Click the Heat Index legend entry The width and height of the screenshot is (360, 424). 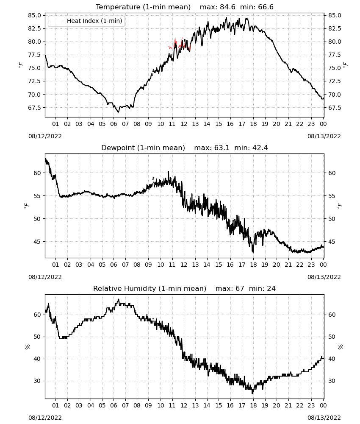(86, 21)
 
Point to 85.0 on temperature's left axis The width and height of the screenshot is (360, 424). (35, 15)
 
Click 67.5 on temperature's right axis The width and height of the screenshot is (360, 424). (335, 108)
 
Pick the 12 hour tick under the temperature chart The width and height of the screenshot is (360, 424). (184, 124)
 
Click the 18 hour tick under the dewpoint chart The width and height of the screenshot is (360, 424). (253, 265)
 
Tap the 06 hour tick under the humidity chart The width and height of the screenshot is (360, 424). (114, 405)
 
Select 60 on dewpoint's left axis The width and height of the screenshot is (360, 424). (38, 173)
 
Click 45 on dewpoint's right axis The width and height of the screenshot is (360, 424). (332, 242)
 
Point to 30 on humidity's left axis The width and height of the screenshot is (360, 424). (38, 381)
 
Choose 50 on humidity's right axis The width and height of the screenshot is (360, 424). (332, 337)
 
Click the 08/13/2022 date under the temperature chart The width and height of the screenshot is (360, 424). (324, 136)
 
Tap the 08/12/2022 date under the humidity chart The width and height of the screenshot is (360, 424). (45, 418)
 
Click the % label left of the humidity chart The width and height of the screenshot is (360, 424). (27, 347)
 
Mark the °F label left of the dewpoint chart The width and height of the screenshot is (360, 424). (26, 206)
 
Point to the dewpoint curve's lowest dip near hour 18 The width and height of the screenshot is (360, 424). (253, 253)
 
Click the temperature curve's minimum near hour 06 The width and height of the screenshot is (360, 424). (118, 112)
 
